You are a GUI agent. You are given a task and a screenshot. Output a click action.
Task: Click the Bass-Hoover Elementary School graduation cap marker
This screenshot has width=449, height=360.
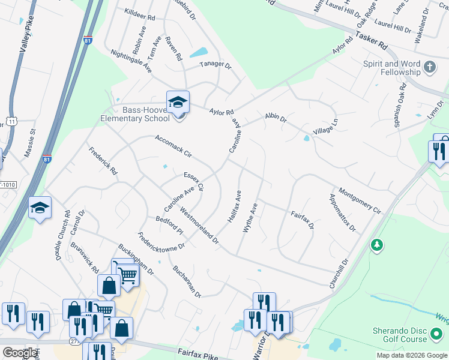[178, 103]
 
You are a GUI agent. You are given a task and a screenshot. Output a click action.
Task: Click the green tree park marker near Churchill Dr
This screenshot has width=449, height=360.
[376, 245]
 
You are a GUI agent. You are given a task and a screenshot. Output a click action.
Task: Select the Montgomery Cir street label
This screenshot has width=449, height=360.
[360, 200]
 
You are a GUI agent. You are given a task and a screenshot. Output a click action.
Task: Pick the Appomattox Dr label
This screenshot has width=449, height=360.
[342, 212]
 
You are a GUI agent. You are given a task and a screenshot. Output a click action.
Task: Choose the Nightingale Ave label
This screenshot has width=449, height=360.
[131, 61]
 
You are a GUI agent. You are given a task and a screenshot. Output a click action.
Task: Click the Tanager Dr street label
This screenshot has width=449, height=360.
[215, 65]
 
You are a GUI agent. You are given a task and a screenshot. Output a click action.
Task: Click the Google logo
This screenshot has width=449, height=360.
[20, 353]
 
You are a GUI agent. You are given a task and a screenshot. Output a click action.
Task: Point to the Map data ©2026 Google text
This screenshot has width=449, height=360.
[411, 355]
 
